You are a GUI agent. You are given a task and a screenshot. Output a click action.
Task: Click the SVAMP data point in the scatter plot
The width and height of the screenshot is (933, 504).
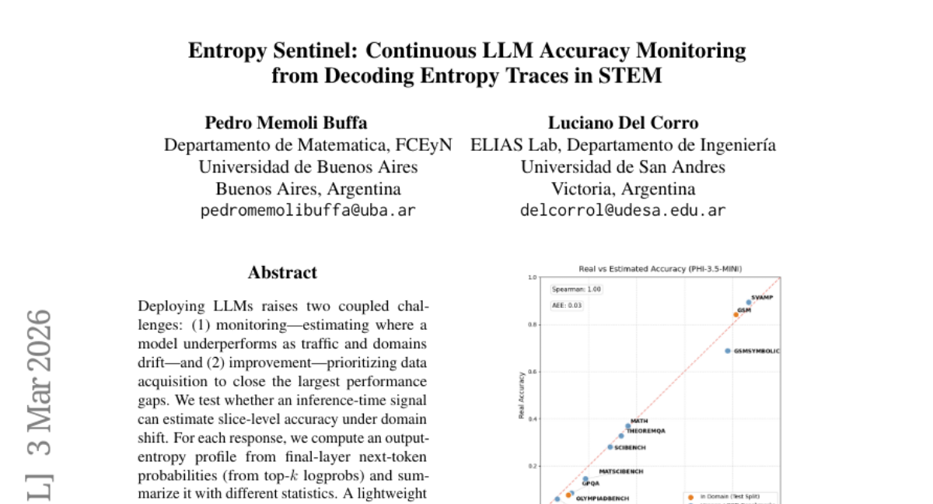(749, 302)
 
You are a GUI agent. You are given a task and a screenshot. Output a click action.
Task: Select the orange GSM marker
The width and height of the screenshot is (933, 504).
(736, 314)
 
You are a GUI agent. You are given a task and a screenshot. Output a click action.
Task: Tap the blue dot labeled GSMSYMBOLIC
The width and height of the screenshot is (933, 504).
(728, 351)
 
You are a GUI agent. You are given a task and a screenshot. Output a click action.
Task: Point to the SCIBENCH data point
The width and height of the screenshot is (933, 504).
(610, 447)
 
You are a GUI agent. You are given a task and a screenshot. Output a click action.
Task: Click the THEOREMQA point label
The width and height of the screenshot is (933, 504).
(645, 430)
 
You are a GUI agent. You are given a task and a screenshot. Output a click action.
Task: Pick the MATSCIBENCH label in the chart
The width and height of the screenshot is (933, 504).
(620, 471)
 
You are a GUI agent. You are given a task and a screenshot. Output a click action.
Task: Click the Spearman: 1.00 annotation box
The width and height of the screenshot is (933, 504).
(576, 289)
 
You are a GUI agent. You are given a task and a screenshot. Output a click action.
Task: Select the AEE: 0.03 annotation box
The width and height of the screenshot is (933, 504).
(568, 306)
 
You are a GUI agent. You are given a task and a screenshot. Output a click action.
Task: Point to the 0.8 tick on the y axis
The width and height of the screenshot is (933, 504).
(533, 324)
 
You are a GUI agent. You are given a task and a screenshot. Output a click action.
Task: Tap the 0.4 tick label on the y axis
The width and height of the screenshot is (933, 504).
(533, 419)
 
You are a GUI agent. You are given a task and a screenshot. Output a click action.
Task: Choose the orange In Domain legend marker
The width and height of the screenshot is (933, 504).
(690, 496)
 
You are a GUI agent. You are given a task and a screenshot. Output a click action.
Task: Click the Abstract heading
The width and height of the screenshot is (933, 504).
(282, 272)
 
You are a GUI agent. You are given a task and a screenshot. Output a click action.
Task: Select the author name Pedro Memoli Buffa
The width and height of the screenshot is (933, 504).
(286, 123)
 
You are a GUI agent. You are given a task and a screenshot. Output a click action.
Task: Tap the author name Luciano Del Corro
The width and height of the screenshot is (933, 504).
(623, 123)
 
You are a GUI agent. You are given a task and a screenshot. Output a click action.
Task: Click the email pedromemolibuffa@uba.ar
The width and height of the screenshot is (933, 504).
(308, 211)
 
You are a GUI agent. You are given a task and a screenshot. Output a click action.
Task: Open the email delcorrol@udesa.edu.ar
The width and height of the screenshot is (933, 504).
(623, 211)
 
